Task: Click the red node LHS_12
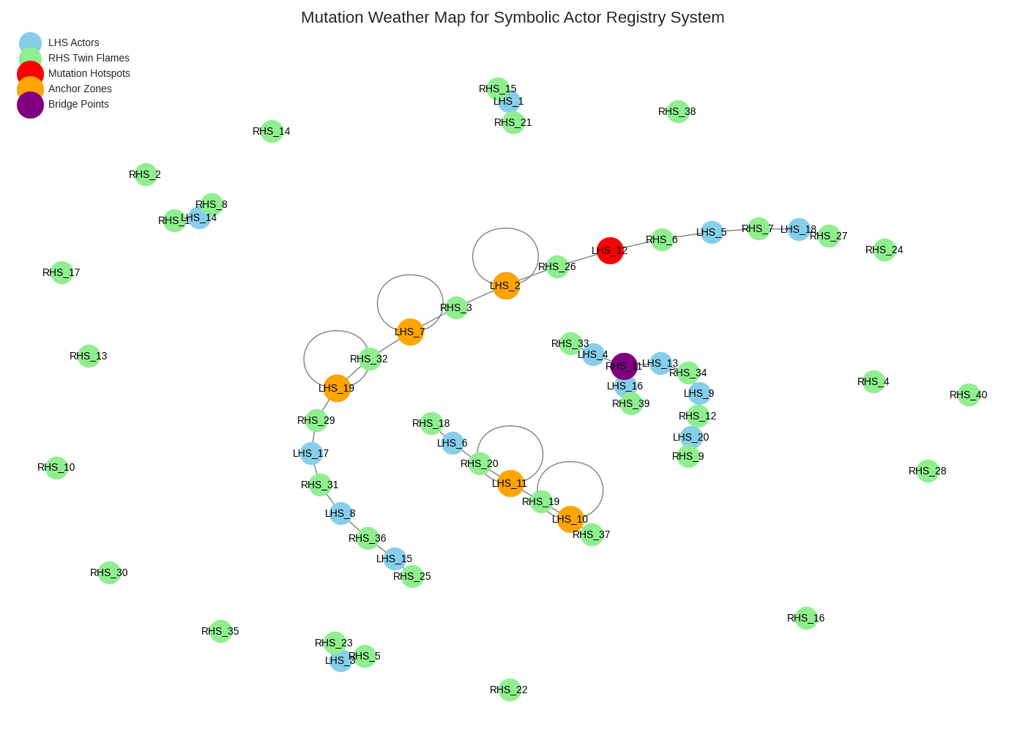(610, 251)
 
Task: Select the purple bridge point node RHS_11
(624, 366)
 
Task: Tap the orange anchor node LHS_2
(506, 285)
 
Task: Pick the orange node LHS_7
(410, 332)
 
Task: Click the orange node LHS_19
(337, 388)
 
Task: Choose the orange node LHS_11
(510, 483)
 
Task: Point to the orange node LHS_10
(570, 519)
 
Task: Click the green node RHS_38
(678, 111)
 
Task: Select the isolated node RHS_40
(969, 395)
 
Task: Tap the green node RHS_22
(510, 690)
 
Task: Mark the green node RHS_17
(61, 272)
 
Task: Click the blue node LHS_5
(712, 233)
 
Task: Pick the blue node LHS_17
(311, 453)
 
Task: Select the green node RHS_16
(806, 618)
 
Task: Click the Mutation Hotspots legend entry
(89, 73)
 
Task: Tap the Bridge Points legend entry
(78, 104)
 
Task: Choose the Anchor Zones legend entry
(80, 89)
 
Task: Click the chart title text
(512, 18)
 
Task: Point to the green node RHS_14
(272, 131)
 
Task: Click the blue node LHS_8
(340, 513)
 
